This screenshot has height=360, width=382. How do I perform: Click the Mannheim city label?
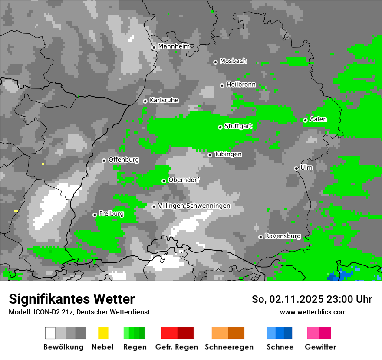tap(174, 46)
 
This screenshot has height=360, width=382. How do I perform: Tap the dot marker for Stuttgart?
tap(221, 127)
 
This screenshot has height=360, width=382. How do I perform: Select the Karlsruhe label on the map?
tap(164, 100)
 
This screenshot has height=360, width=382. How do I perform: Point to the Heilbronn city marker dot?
tap(222, 85)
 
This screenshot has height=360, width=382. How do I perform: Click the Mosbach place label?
tap(233, 61)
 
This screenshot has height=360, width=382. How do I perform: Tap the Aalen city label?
tap(319, 119)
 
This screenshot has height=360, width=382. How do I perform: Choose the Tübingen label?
tap(228, 154)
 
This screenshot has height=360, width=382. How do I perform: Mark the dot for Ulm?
tap(296, 168)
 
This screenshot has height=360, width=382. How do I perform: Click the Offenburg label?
tap(124, 160)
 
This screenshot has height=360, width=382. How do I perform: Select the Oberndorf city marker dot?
tap(164, 181)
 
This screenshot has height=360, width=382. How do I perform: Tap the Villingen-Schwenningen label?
tap(194, 206)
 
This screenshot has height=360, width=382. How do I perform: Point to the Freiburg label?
tap(112, 214)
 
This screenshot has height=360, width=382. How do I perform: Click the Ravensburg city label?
tap(283, 236)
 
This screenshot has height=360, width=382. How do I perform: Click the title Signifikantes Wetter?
tap(72, 299)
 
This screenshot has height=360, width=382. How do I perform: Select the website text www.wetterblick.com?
tap(313, 312)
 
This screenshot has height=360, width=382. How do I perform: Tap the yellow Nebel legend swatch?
tap(103, 333)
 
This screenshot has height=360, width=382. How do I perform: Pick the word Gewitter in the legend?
tap(320, 347)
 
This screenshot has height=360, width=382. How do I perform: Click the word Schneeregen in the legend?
tap(229, 347)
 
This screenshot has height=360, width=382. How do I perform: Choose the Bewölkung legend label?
tap(63, 347)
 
